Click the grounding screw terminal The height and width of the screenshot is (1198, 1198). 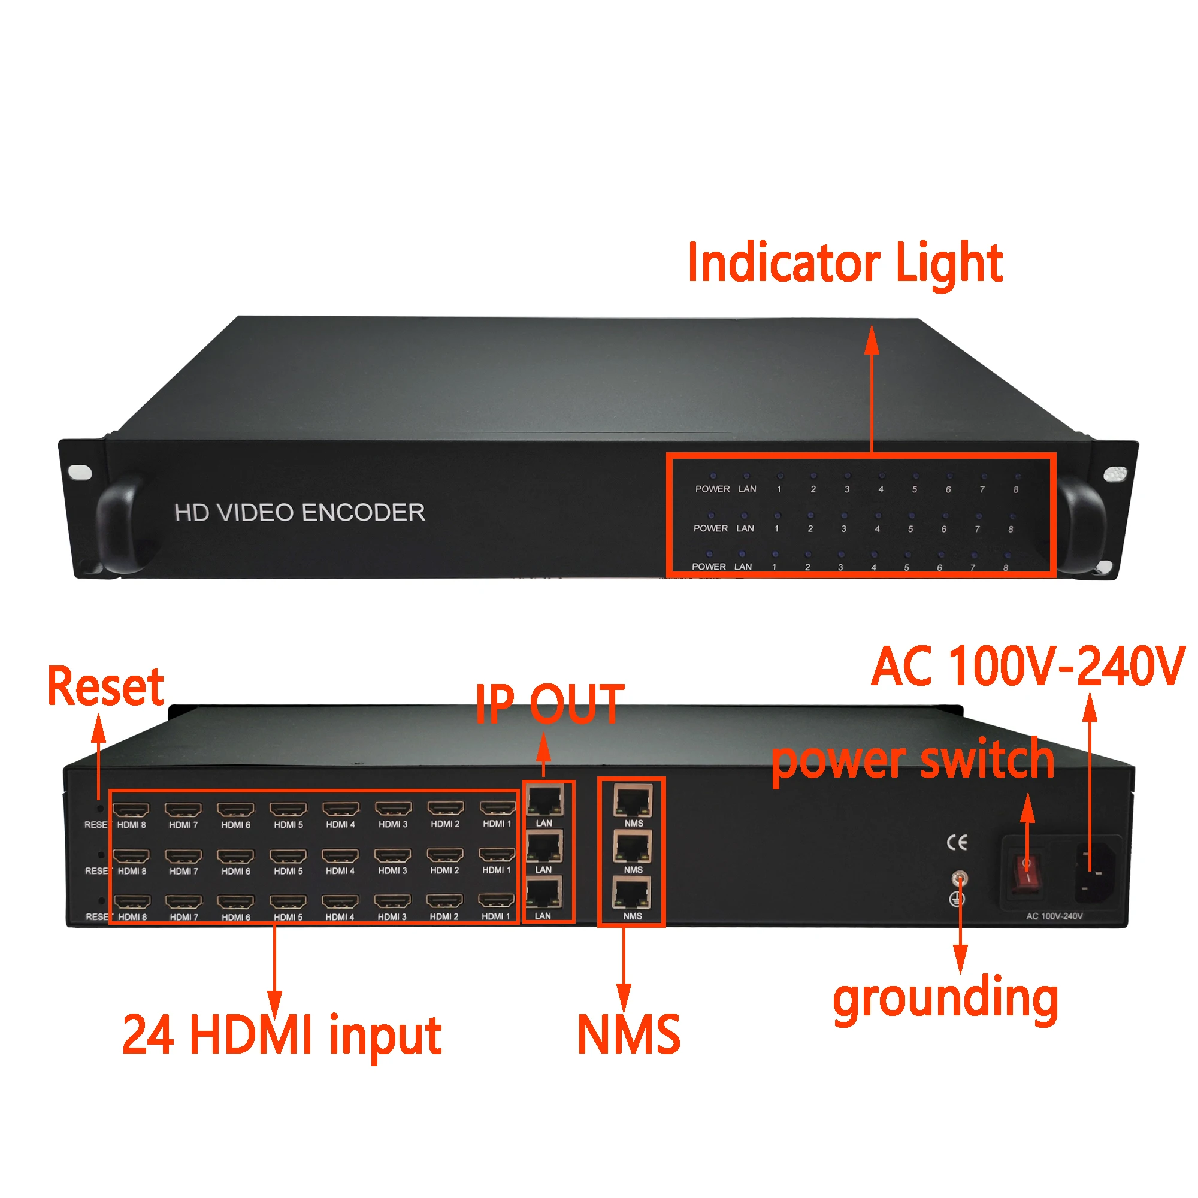(x=958, y=878)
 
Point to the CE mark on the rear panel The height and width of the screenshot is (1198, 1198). (x=957, y=842)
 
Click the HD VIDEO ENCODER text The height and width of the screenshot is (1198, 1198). (x=299, y=513)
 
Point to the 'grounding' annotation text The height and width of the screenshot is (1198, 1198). (x=945, y=999)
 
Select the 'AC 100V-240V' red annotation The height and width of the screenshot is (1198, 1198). (x=1027, y=667)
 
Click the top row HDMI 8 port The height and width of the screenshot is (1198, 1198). (x=131, y=809)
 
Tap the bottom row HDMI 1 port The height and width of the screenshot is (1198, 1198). (x=496, y=900)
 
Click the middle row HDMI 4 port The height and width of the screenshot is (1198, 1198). (x=340, y=856)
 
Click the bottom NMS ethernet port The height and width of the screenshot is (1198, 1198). (x=632, y=894)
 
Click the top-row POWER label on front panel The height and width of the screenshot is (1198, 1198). (x=712, y=489)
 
